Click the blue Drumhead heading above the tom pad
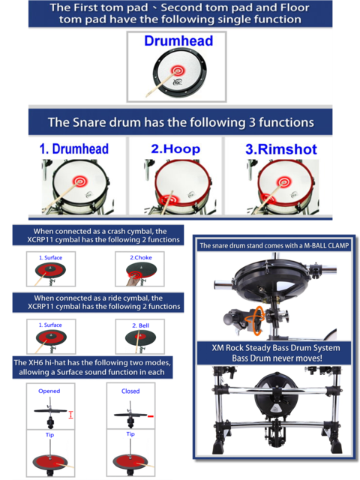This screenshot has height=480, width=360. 178,41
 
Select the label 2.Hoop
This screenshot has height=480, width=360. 175,149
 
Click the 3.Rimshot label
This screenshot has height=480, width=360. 281,149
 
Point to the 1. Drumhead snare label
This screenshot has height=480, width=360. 74,149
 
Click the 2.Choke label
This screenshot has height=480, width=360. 141,258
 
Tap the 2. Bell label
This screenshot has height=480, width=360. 140,325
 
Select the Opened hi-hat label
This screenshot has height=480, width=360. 49,391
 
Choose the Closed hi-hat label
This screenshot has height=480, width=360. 130,391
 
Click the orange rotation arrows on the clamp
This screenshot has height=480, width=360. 255,320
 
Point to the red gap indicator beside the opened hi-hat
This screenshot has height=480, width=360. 70,415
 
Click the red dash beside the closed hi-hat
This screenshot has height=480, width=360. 150,416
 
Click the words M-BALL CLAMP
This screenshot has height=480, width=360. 326,246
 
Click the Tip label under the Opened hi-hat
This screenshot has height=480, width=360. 49,435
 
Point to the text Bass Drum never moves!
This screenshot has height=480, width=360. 277,358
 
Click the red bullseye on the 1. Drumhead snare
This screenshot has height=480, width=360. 80,181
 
